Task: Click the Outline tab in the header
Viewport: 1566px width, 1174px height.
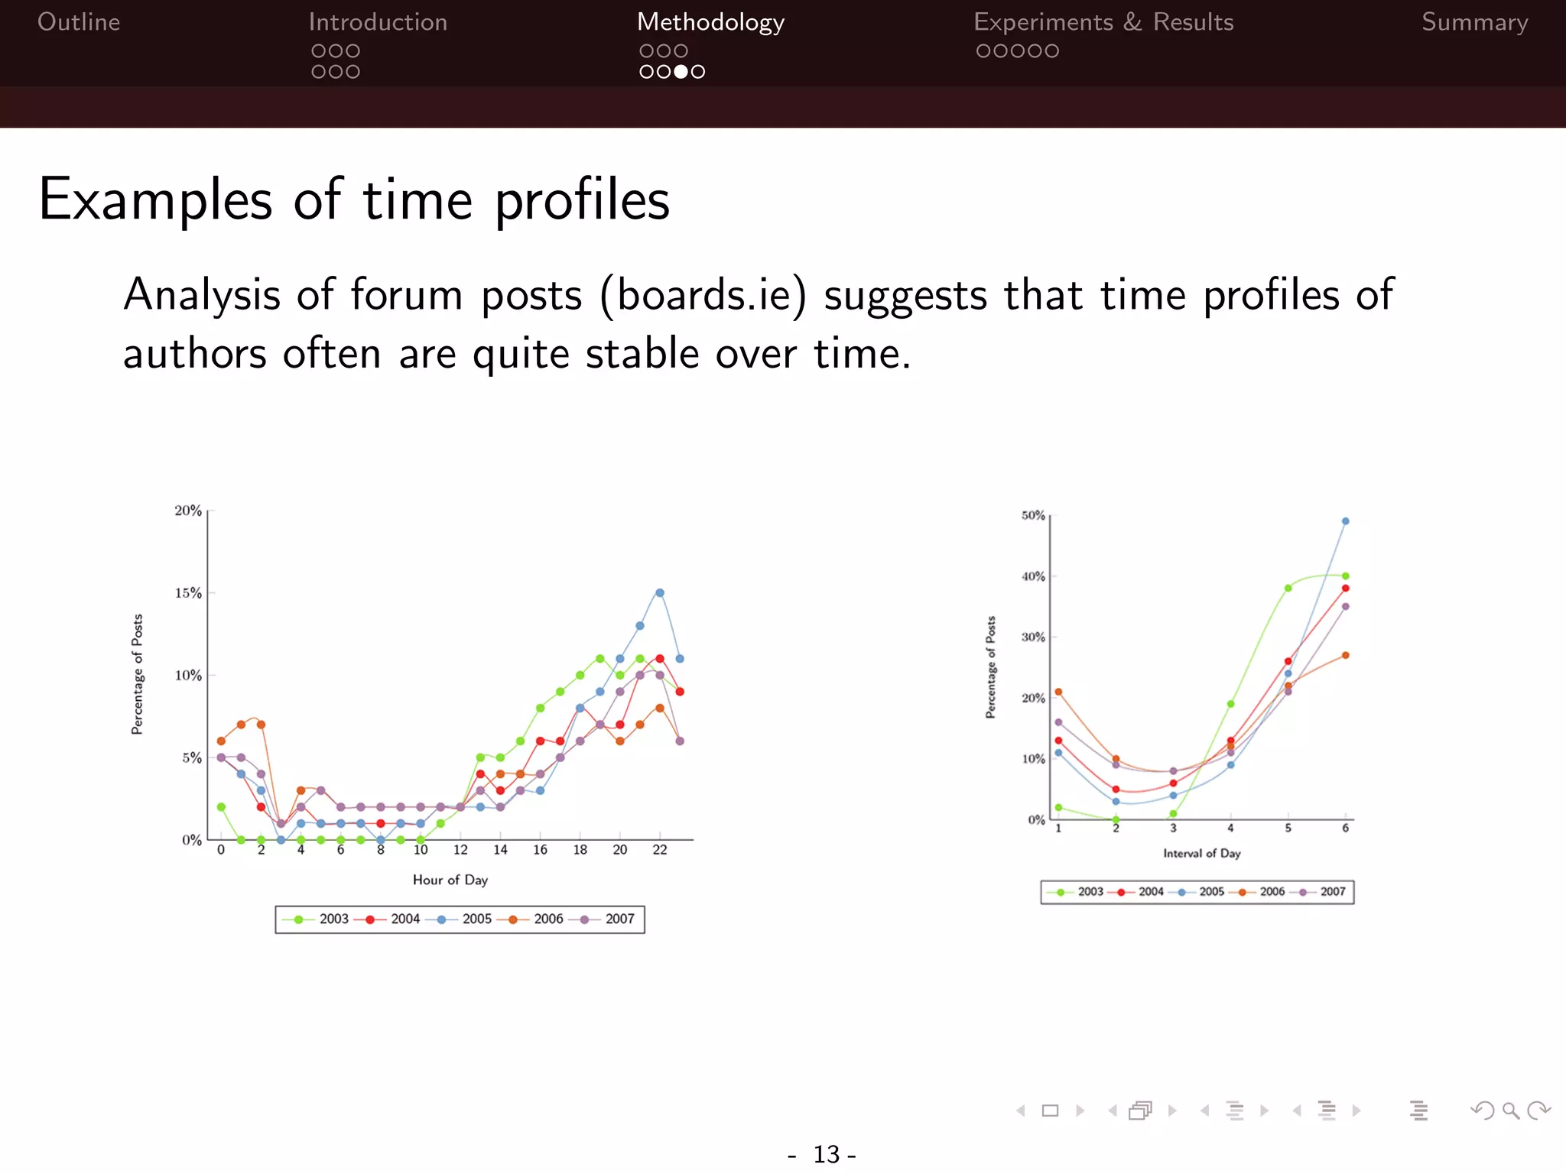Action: click(x=79, y=22)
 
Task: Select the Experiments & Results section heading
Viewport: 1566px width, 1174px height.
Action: click(x=1103, y=22)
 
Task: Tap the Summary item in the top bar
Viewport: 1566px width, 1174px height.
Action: click(x=1474, y=22)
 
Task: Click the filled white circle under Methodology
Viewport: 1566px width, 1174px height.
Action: click(x=681, y=72)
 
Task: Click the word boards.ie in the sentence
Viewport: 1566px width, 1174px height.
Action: click(x=703, y=295)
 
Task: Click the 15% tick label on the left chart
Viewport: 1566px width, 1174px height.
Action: click(x=188, y=593)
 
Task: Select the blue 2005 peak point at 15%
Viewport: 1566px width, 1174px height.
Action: click(x=660, y=592)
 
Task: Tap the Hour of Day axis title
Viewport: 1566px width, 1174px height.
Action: click(x=450, y=880)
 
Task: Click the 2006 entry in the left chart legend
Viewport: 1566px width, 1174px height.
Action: click(x=547, y=919)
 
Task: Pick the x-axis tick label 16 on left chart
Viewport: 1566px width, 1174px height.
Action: click(x=540, y=850)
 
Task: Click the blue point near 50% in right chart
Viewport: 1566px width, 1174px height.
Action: click(x=1345, y=521)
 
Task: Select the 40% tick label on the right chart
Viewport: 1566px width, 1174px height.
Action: click(x=1033, y=576)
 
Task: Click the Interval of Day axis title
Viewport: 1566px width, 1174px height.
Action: click(x=1201, y=853)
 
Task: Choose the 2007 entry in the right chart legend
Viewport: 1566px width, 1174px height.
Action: click(x=1332, y=892)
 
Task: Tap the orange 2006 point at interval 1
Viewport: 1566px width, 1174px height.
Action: click(x=1058, y=692)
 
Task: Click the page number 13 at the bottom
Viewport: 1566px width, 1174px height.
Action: click(x=826, y=1154)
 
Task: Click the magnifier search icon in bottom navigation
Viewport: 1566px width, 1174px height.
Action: click(x=1510, y=1111)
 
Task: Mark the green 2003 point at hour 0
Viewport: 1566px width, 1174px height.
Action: click(x=221, y=807)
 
